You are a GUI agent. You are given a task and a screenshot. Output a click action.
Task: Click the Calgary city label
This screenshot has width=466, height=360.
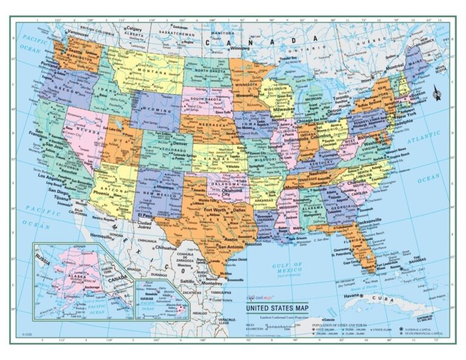pos(133,28)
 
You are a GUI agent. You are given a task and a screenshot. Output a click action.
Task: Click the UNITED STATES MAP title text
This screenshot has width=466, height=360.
pos(277,308)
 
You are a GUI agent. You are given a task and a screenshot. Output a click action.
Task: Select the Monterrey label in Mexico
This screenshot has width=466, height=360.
pos(212,284)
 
